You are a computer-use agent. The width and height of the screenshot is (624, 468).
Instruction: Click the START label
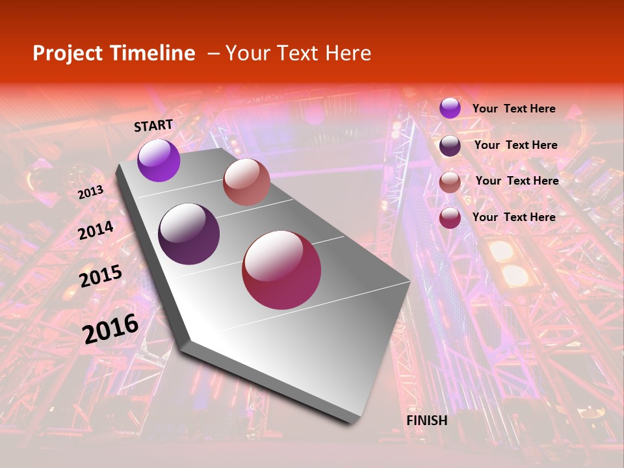153,125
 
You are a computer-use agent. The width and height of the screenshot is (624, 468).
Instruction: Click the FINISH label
427,421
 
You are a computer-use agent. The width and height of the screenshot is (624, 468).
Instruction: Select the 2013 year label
90,192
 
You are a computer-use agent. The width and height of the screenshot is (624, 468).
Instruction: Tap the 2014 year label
96,230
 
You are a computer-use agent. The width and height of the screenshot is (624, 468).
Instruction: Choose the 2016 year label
110,329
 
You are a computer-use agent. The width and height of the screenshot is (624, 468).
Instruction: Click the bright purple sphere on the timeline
159,161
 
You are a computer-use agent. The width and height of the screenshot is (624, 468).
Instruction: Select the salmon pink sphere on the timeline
246,182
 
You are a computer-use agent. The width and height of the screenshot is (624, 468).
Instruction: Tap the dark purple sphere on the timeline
188,234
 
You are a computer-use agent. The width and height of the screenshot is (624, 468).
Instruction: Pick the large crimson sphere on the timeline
281,270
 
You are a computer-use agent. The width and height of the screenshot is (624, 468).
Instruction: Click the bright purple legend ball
450,108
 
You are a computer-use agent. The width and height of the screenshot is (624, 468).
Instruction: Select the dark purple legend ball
450,146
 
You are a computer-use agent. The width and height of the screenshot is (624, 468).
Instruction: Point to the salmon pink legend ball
450,182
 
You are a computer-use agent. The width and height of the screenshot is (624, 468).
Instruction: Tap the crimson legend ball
450,218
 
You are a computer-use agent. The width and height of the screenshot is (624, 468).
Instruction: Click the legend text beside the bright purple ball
513,109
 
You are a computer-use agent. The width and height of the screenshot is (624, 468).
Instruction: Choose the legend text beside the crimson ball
513,217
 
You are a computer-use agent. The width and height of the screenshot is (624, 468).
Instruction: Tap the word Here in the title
348,53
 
